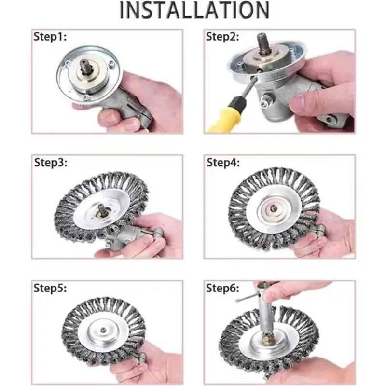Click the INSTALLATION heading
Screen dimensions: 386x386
194,10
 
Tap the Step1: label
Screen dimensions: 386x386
50,37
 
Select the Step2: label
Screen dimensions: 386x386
222,37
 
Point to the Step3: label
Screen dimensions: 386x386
51,163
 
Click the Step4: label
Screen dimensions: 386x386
223,163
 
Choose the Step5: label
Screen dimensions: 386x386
50,288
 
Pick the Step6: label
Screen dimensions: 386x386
222,288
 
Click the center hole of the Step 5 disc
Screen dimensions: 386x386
103,330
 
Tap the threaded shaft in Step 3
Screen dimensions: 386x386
102,209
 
